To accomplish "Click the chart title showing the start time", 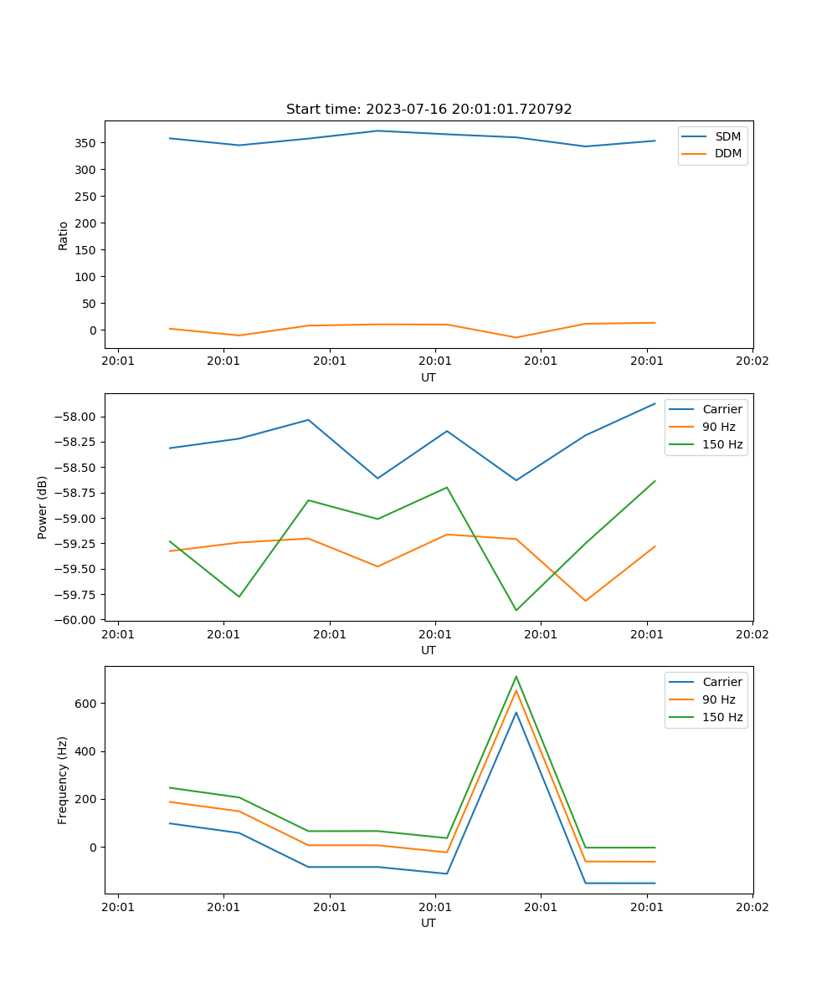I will coord(429,110).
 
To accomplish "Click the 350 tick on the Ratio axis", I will coord(86,143).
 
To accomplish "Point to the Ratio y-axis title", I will coord(64,235).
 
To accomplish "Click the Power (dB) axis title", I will coord(43,507).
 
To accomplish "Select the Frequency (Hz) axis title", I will coord(63,780).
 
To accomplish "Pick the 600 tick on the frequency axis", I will coord(87,704).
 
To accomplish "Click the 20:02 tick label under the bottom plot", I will coord(752,907).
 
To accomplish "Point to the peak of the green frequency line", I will coord(516,676).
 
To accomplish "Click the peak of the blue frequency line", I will coord(516,712).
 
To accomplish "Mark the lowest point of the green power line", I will coord(516,610).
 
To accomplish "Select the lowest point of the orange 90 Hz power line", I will coord(586,601).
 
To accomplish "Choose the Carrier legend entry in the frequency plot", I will coord(722,682).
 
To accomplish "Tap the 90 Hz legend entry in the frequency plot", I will coord(719,699).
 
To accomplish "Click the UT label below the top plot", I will coord(429,377).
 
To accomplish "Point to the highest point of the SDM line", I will coord(377,131).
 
